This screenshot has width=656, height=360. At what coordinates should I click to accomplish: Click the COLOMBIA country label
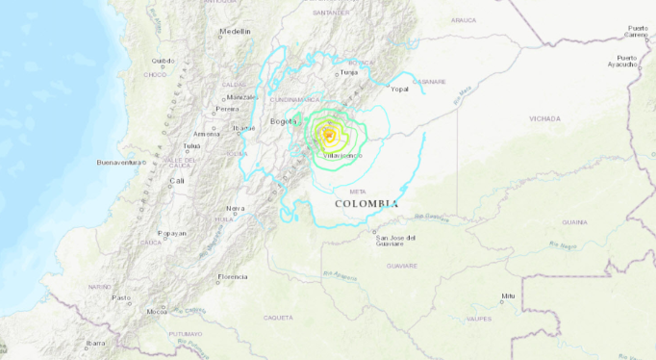coord(366,203)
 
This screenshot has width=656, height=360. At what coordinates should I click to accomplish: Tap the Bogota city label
coord(282,122)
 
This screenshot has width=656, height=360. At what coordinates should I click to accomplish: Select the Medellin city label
coord(235,32)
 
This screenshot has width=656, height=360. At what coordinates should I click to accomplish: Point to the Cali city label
coord(176,180)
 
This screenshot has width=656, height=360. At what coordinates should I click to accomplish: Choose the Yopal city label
coord(399,89)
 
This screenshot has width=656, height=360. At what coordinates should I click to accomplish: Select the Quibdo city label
coord(164,60)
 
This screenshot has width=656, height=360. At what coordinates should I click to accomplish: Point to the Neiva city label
coord(236,208)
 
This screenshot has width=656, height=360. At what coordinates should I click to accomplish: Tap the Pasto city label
coord(121,297)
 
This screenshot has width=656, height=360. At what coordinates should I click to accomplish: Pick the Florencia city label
coord(232,277)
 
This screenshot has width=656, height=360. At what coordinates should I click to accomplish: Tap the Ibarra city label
coord(95,343)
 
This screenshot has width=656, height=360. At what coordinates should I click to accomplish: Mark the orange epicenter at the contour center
coord(329,135)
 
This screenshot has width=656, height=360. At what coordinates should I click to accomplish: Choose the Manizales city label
coord(240,97)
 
